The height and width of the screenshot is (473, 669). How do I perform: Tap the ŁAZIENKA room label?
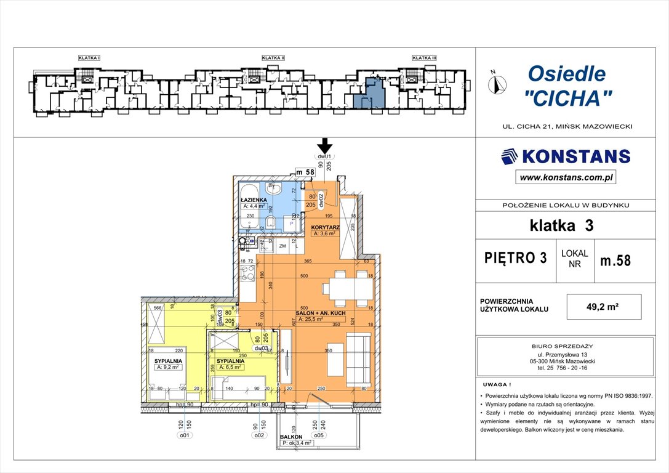[253, 201]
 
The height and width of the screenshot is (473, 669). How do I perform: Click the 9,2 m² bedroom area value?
[166, 368]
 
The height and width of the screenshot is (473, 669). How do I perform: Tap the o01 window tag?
[184, 435]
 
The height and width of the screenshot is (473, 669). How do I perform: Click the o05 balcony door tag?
[320, 435]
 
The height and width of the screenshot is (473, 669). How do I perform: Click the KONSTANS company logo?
[566, 156]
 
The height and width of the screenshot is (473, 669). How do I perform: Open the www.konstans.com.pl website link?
[566, 177]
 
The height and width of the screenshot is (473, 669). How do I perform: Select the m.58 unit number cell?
[615, 260]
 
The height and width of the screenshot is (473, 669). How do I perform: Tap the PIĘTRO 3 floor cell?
[516, 259]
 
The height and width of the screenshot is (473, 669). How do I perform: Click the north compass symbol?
[498, 83]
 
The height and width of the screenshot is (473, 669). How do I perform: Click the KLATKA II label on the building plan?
[273, 58]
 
